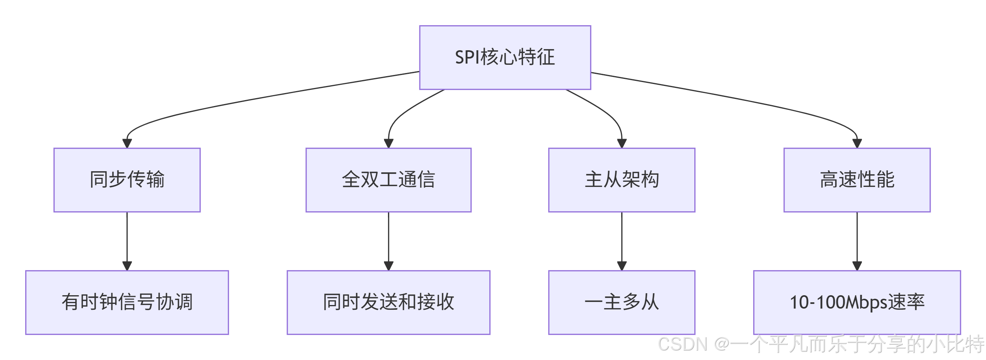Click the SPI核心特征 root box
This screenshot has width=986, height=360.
(505, 57)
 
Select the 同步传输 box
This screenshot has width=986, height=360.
(127, 180)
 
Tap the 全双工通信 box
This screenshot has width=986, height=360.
(388, 180)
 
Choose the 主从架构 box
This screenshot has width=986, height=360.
(622, 180)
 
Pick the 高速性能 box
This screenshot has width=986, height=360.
(857, 180)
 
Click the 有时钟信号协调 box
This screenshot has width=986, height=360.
(127, 302)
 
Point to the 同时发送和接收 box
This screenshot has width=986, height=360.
(388, 302)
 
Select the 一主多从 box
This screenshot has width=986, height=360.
(622, 302)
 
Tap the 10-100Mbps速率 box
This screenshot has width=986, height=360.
(857, 302)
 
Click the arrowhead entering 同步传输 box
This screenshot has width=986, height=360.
(127, 143)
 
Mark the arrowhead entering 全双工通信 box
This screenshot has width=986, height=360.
(388, 143)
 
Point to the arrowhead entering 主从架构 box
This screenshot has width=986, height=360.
(622, 143)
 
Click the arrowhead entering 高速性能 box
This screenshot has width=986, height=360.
(857, 143)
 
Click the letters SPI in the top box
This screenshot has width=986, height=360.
(467, 57)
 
